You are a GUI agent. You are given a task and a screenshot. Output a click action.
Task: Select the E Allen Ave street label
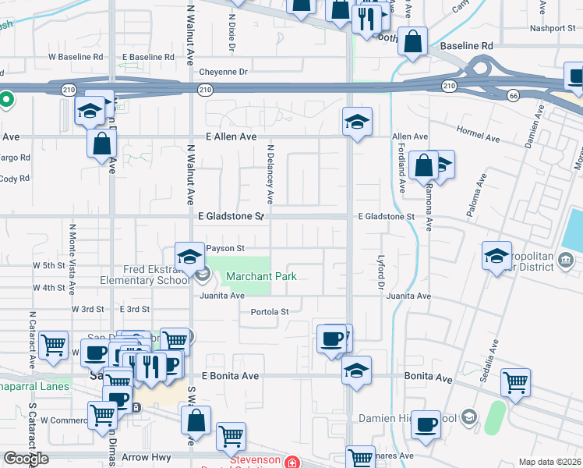(231, 136)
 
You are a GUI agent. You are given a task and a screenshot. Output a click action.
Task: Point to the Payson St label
(225, 248)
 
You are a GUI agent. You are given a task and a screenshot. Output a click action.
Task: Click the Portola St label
(270, 312)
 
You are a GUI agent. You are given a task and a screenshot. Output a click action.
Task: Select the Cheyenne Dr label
(223, 72)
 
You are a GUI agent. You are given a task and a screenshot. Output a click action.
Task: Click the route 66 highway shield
(512, 95)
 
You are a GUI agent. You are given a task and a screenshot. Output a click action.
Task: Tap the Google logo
(26, 458)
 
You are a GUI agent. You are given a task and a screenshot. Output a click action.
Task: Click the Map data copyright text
(550, 462)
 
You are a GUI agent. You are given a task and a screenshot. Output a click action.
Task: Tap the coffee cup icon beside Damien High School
(426, 424)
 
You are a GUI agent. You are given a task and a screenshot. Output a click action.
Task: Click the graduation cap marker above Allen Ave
(357, 122)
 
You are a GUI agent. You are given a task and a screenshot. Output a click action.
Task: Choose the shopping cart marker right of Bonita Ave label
(516, 382)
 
